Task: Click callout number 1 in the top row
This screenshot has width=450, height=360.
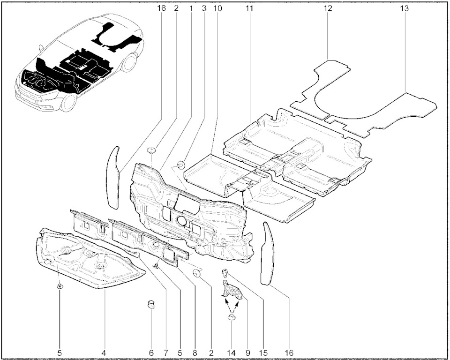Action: pos(191,8)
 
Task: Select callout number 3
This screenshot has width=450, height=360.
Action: pos(204,8)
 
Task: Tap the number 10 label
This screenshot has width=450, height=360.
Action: pos(217,8)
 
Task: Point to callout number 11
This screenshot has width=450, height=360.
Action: pos(249,8)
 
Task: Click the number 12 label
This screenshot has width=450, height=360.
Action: pos(328,8)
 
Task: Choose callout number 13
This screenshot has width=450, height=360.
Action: pos(405,8)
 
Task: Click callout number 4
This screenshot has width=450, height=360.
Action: pos(104,352)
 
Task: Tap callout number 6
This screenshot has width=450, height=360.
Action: pos(151,352)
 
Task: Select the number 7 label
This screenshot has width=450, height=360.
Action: pos(166,352)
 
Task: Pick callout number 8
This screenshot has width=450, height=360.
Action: pos(195,352)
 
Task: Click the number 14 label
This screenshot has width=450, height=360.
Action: pos(232,352)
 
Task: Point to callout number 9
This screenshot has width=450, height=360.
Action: pos(248,352)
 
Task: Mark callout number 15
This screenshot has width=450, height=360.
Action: pos(262,352)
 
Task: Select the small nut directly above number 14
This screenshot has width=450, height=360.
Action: pos(231,317)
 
